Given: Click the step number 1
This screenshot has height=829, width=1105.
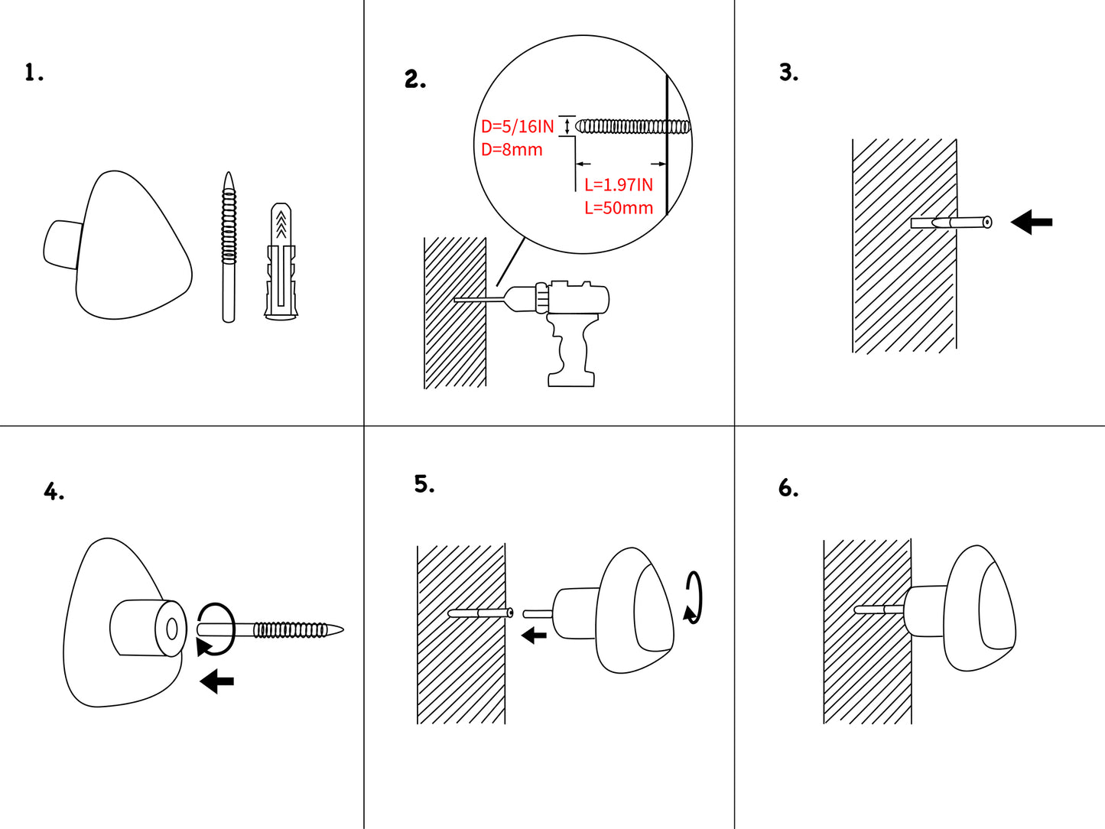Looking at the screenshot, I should point(33,73).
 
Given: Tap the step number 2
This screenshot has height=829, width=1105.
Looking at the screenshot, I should point(414,80).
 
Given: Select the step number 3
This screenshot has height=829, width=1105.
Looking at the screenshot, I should point(788,73).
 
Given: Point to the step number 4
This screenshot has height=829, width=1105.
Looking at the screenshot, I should point(54,492).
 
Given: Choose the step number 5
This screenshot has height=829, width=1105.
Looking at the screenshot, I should point(424,484).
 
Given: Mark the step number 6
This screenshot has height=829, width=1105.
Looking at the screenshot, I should point(788,488).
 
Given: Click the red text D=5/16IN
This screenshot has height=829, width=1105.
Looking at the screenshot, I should point(517,127).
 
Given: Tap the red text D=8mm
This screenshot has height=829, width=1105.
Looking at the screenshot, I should point(512,150).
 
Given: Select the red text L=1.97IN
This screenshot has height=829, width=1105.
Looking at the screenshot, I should point(619,185).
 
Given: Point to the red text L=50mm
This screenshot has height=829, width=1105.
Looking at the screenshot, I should point(619,208).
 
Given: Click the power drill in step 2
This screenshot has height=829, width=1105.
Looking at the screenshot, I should point(570,321).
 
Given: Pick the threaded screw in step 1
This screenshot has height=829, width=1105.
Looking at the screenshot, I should point(229,247).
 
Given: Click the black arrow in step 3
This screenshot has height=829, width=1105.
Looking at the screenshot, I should point(1032,223).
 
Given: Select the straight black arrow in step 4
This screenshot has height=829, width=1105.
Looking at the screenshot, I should point(217,681).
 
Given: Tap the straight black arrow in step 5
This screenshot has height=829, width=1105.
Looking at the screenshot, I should point(534,635).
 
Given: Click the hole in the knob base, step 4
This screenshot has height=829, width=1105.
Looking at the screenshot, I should point(172,629).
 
